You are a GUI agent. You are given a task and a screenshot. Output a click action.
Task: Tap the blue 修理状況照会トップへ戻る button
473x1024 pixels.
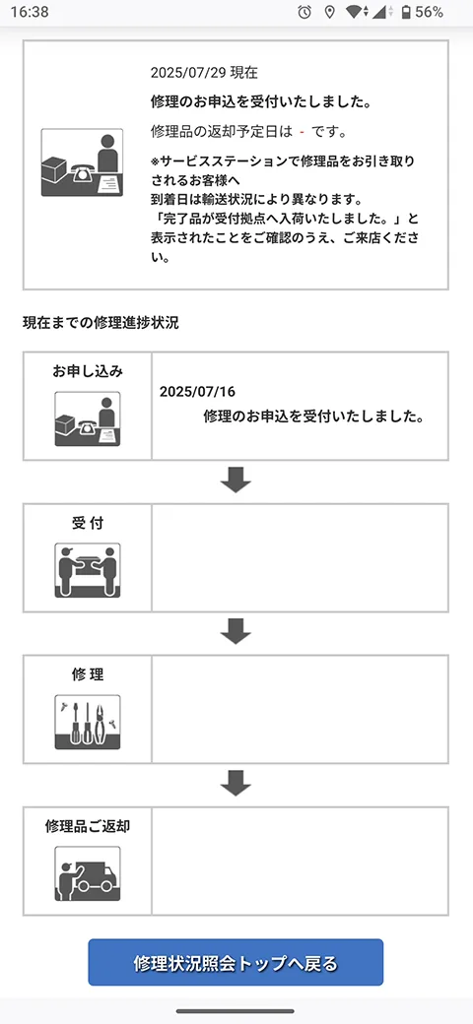[236, 962]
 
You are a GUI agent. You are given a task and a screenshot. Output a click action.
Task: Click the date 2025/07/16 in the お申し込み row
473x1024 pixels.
[197, 392]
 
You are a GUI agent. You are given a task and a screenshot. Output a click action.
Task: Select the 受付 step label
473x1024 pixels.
[88, 523]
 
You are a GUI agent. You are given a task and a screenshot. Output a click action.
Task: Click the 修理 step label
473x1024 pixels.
[88, 674]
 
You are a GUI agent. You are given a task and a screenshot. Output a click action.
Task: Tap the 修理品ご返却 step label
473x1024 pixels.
[88, 826]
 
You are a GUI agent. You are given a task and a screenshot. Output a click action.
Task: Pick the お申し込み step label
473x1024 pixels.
[88, 371]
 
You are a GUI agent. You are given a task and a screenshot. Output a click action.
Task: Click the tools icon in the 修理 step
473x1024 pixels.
[88, 723]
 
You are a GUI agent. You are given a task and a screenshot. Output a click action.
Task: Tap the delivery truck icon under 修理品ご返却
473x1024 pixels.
[88, 873]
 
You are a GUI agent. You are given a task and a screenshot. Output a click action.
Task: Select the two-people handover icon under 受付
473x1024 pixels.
[88, 570]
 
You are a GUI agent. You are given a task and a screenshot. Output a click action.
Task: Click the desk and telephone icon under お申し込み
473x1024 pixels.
[88, 418]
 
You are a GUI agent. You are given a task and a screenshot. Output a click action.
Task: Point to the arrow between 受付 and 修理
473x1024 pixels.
[236, 631]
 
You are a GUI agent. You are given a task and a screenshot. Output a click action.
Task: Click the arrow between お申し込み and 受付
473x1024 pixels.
[236, 480]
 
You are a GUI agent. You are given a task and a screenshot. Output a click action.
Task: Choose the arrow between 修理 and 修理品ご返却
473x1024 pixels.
[236, 783]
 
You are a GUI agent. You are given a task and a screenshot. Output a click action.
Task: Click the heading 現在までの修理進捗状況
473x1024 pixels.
[101, 323]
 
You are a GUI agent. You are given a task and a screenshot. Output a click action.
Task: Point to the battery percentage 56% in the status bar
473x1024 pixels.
[430, 12]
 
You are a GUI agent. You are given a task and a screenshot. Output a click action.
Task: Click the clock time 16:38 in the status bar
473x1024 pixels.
[29, 12]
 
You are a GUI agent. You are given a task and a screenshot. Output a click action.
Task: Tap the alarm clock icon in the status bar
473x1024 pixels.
[304, 12]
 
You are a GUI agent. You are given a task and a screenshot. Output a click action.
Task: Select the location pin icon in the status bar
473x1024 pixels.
[330, 12]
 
